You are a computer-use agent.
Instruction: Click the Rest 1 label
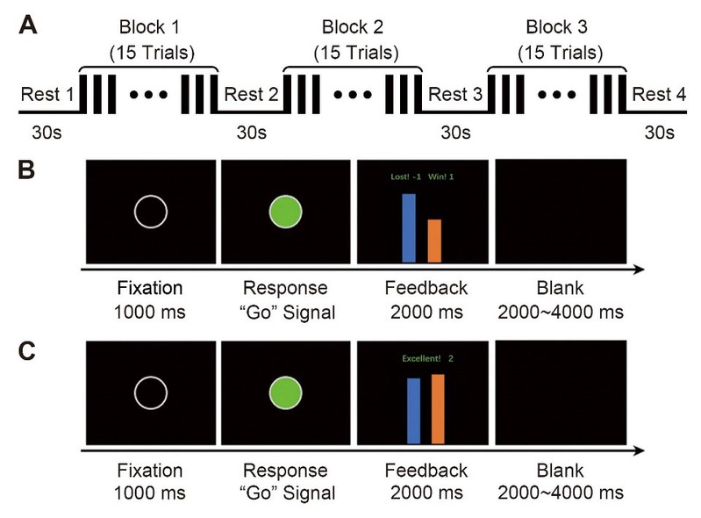coord(48,95)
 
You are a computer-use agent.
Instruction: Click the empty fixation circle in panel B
coord(150,212)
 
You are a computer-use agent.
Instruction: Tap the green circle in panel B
coord(285,212)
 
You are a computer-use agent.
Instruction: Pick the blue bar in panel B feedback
coord(409,227)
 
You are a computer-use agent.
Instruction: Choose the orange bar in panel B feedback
coord(434,240)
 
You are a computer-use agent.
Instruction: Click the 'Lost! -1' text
coord(406,177)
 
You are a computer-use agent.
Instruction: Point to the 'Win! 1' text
coord(448,177)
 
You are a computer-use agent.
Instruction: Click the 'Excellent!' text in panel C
coord(419,358)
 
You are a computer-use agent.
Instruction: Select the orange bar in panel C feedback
coord(438,408)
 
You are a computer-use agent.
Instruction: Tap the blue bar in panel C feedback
coord(413,410)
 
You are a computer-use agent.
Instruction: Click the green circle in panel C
coord(285,393)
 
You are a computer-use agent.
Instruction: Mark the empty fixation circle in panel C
coord(150,393)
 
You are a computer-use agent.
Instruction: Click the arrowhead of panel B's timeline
coord(648,269)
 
